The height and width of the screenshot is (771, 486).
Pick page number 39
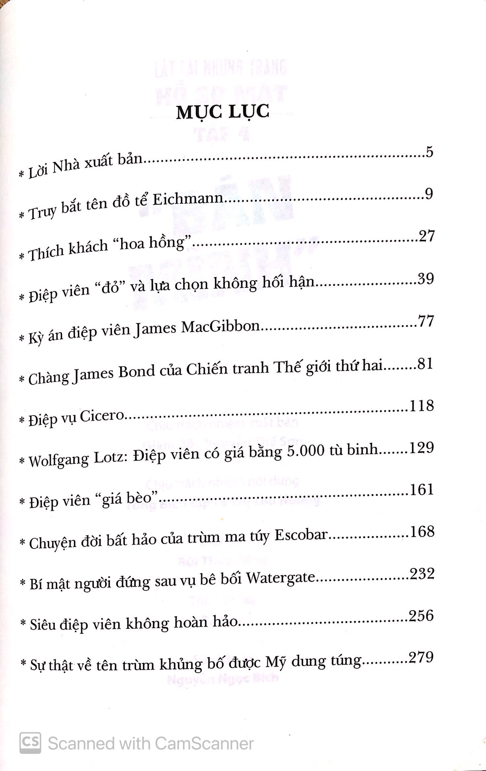pos(425,279)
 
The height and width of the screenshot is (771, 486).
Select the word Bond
pos(136,372)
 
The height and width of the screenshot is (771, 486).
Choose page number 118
pos(421,406)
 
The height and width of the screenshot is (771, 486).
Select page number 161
pos(422,490)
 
